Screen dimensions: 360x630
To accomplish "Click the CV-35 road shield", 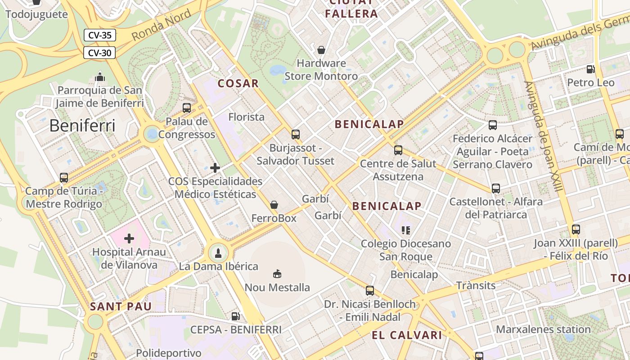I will (x=100, y=35).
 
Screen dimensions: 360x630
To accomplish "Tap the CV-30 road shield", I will (x=99, y=53).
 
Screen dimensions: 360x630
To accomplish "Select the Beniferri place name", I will (x=82, y=126).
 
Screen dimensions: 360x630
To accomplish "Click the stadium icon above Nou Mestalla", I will (x=277, y=274).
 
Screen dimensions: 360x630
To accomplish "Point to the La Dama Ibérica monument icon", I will (x=218, y=253).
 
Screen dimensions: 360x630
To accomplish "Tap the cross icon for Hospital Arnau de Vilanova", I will (x=129, y=238).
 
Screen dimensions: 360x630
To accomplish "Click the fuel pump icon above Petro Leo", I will (x=590, y=69).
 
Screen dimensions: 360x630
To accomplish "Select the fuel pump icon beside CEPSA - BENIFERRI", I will (x=235, y=316).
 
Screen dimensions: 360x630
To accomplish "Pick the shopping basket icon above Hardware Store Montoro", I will (x=321, y=49).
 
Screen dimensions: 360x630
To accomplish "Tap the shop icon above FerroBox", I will (x=274, y=205).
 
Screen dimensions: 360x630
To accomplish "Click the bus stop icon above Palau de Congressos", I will (x=187, y=108).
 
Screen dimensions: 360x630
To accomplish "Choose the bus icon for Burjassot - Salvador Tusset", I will (x=296, y=134).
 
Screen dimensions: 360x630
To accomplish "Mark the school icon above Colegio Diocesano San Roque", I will (x=406, y=230).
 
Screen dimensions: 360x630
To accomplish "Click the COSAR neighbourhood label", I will (x=238, y=83).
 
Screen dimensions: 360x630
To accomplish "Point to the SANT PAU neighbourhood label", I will (x=121, y=306).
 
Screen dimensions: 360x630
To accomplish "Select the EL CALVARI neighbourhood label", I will (x=407, y=335).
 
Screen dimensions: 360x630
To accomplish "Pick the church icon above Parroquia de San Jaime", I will (x=100, y=77).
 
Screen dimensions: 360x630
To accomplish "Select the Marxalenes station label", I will (x=543, y=329).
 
